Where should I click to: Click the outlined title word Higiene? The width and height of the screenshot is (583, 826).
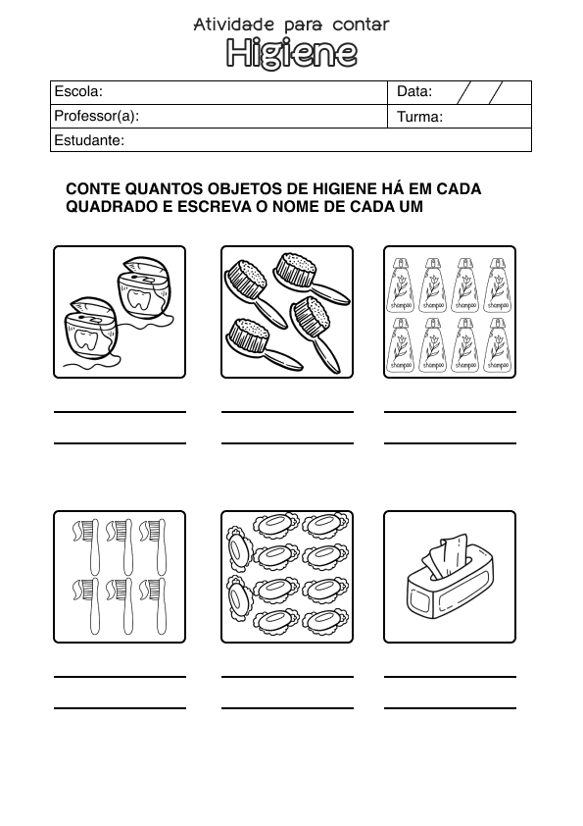(291, 53)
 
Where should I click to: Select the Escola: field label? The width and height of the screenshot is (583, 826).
(78, 92)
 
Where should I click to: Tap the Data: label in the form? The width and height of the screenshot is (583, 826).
(414, 92)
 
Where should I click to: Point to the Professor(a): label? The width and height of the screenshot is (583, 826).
(97, 116)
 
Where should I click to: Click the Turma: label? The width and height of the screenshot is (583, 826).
(420, 117)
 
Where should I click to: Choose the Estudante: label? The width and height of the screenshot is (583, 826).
(89, 140)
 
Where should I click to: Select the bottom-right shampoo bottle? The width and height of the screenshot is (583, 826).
(496, 343)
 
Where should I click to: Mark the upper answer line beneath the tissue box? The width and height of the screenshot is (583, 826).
(450, 677)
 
